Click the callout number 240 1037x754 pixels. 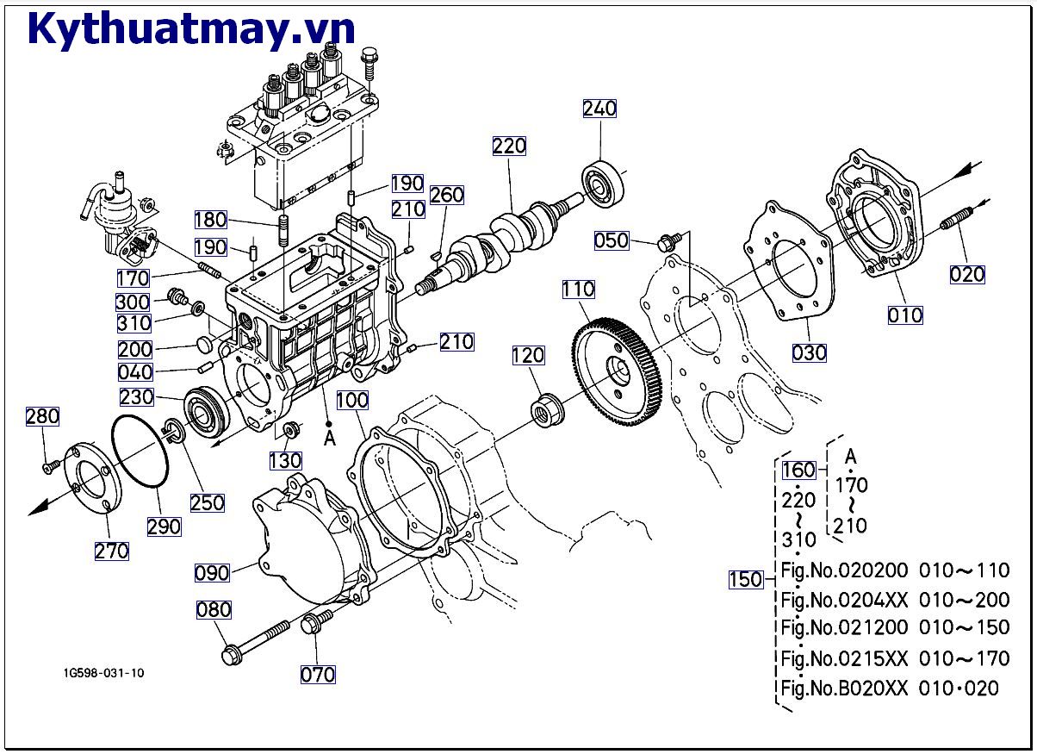[599, 109]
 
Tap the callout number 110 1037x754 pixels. [579, 290]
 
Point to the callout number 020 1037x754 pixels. [967, 275]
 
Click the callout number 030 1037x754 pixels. [809, 352]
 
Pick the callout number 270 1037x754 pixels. [111, 551]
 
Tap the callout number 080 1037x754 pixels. [214, 610]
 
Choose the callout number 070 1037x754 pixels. [318, 675]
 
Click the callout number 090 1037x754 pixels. [212, 573]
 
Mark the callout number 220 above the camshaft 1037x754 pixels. [509, 146]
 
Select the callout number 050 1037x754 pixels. [612, 240]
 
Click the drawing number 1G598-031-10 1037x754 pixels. [103, 673]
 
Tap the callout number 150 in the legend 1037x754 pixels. [746, 579]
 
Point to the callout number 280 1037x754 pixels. [42, 417]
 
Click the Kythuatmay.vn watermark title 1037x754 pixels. [191, 28]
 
